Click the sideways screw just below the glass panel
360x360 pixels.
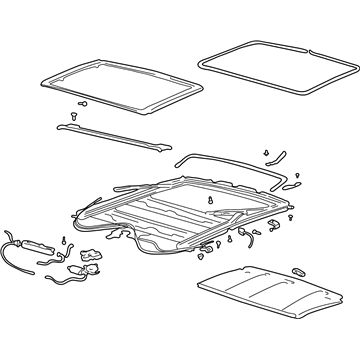pos(83,103)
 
